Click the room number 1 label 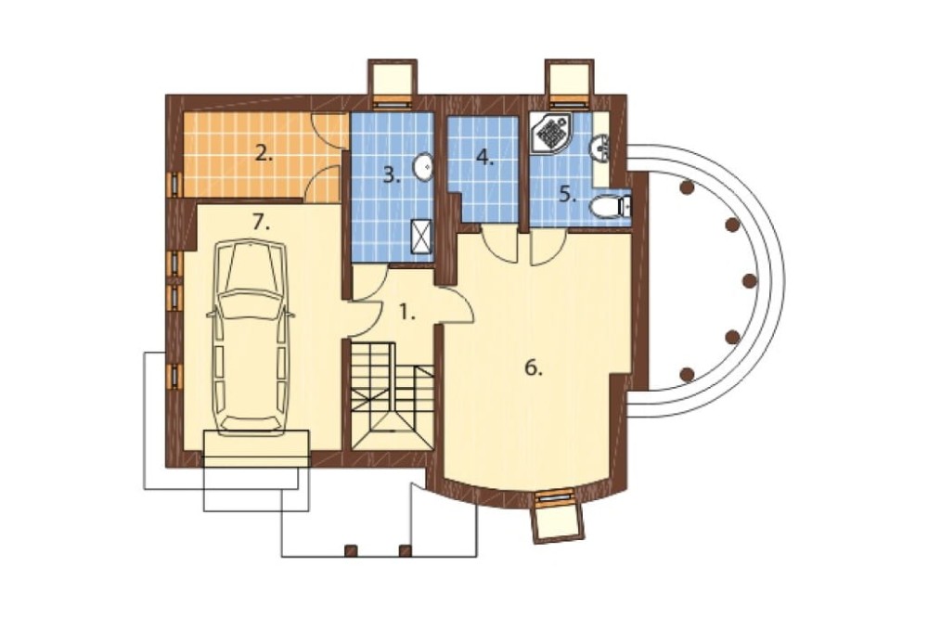pos(406,312)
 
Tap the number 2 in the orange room pos(264,154)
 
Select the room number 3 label pos(392,174)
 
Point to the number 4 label pos(484,158)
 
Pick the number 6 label pos(534,368)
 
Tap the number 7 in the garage pos(261,223)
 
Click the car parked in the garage pos(251,338)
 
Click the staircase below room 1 pos(392,395)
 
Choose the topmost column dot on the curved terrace pos(687,187)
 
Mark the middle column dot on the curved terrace pos(749,280)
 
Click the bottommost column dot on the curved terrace pos(687,374)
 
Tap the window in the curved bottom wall pos(555,497)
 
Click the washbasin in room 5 pos(599,148)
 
